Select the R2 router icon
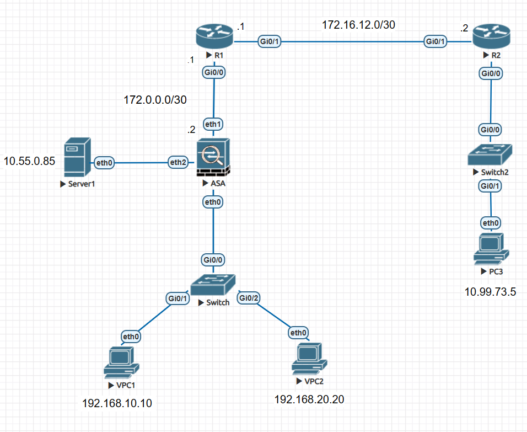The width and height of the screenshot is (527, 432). click(x=490, y=37)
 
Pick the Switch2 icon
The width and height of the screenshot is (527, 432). click(x=490, y=154)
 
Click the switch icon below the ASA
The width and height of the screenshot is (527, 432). click(x=214, y=285)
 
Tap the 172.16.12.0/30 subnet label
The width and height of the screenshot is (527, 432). click(x=358, y=24)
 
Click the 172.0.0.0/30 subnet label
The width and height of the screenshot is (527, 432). click(x=155, y=100)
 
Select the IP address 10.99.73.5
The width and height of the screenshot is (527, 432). click(x=490, y=292)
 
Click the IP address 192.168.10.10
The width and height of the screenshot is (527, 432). click(x=117, y=404)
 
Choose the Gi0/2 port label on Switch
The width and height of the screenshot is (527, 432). click(x=249, y=298)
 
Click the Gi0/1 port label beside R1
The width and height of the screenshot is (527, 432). click(x=269, y=41)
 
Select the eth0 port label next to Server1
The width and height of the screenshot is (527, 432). click(x=105, y=162)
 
